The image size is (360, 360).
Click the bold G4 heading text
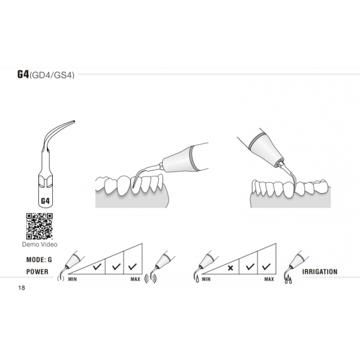click(x=22, y=75)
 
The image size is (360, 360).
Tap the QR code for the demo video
click(x=38, y=226)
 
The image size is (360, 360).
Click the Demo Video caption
click(x=38, y=245)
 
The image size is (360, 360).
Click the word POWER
click(x=37, y=271)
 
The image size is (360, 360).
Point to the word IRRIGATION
click(x=320, y=272)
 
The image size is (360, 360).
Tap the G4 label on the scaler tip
click(x=45, y=201)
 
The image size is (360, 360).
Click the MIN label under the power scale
click(x=71, y=279)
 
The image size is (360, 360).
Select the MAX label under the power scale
click(x=136, y=279)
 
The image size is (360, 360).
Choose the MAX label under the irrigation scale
click(x=269, y=279)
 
